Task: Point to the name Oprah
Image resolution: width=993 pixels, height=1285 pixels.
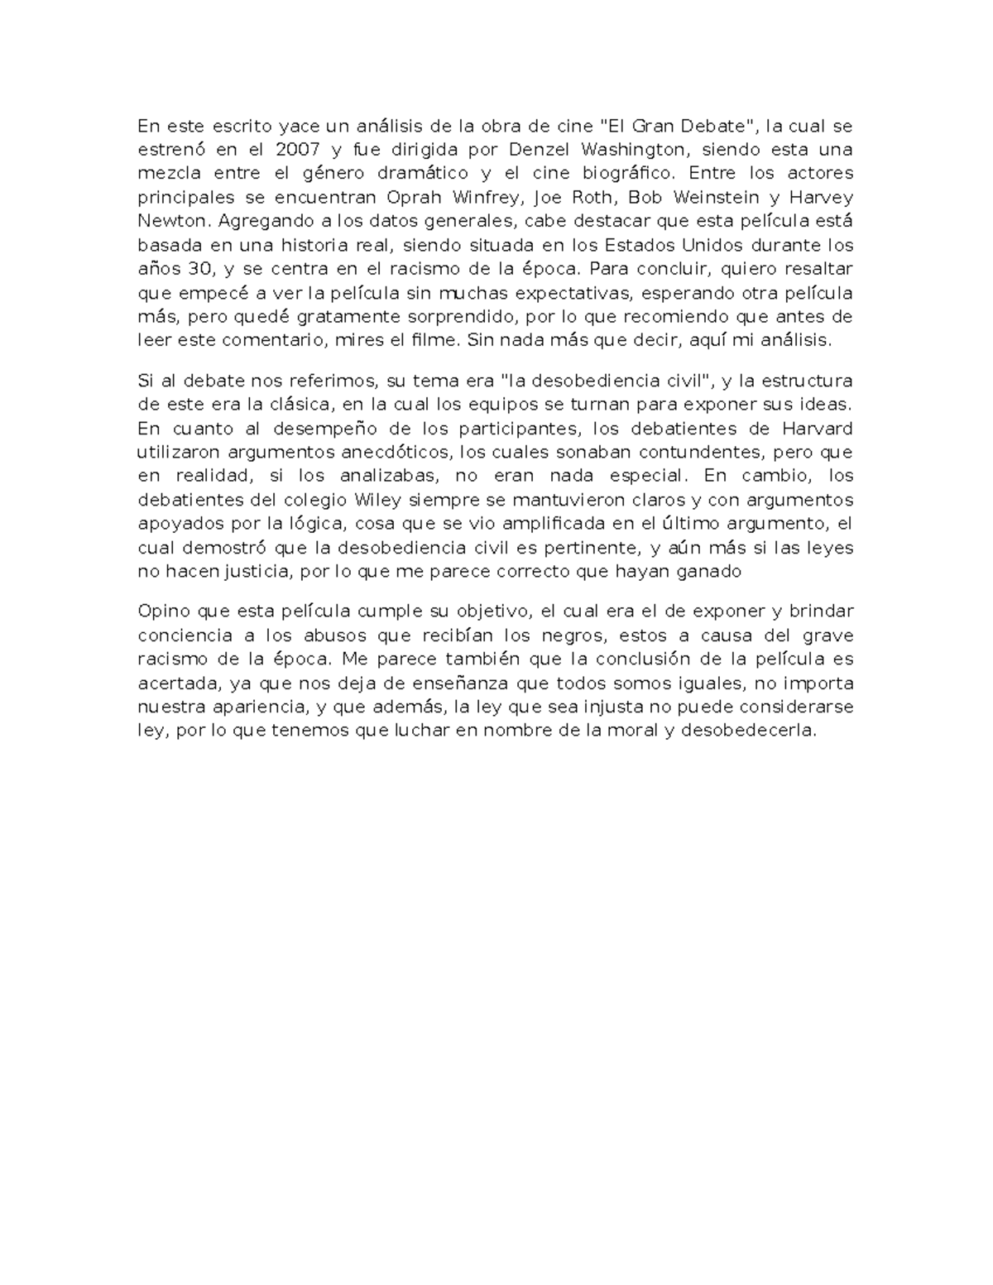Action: [415, 198]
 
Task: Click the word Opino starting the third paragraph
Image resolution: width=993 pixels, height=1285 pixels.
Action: [165, 611]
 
